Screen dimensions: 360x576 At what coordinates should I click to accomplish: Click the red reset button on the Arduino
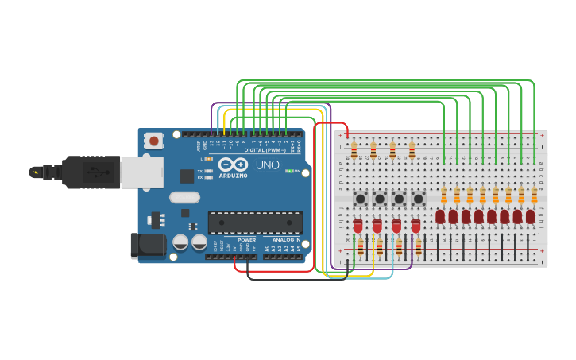(x=153, y=141)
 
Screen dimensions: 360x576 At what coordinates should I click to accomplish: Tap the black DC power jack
(x=148, y=246)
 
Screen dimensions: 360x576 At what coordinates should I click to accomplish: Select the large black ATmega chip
(x=255, y=223)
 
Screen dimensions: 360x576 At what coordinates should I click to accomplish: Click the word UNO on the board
(x=267, y=165)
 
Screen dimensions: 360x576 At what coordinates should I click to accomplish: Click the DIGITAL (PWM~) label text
(x=266, y=150)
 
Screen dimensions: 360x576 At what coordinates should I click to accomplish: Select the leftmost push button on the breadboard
(x=361, y=198)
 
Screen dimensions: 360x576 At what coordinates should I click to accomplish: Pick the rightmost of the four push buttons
(x=418, y=198)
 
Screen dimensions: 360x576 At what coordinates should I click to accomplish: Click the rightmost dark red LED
(x=530, y=216)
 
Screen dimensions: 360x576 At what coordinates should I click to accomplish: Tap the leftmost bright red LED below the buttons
(x=358, y=226)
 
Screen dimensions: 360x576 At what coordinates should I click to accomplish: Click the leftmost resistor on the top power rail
(x=354, y=150)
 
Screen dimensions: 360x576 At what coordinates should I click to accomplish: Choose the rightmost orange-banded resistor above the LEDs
(x=534, y=195)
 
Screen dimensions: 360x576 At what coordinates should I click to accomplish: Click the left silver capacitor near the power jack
(x=181, y=242)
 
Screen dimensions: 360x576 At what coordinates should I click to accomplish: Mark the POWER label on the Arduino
(x=247, y=239)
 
